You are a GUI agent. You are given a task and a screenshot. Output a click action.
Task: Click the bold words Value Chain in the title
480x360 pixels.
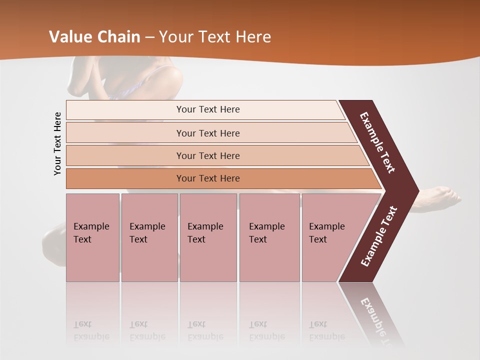[94, 36]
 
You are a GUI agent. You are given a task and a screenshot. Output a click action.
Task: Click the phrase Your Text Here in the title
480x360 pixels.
[215, 36]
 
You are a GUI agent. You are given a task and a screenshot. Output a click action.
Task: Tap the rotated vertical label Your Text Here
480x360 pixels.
[57, 143]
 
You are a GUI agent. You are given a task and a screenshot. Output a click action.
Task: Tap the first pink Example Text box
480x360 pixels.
[92, 237]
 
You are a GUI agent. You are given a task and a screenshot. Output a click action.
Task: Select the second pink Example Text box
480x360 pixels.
[149, 237]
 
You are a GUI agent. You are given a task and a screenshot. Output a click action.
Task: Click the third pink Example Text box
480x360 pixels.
[208, 237]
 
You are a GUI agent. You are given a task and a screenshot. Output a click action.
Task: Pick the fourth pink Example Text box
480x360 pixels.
[269, 237]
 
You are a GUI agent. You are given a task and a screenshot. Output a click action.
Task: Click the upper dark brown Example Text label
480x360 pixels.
[377, 142]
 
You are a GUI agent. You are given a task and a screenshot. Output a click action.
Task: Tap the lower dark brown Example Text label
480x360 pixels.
[378, 236]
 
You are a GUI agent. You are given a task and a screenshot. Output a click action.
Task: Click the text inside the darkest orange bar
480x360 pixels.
[208, 178]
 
